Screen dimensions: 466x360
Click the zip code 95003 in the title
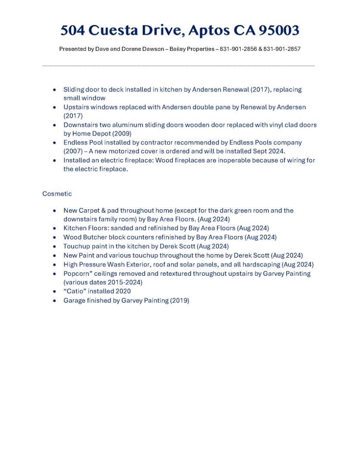tap(279, 31)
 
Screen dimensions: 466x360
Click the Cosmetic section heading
tap(57, 194)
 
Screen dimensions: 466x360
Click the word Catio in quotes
tap(77, 291)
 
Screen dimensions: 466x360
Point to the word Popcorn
tap(77, 274)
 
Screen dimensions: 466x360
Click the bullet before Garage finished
tap(54, 301)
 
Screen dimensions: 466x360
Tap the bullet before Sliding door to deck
tap(54, 90)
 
